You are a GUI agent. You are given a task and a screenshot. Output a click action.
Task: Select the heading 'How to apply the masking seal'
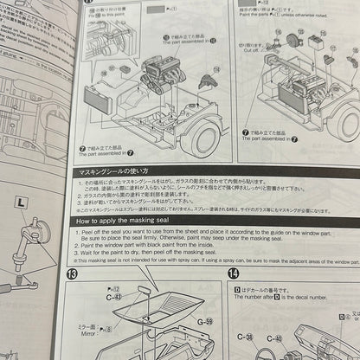[x=128, y=222]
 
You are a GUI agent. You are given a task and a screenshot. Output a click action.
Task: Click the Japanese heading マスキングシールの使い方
[x=108, y=172]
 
